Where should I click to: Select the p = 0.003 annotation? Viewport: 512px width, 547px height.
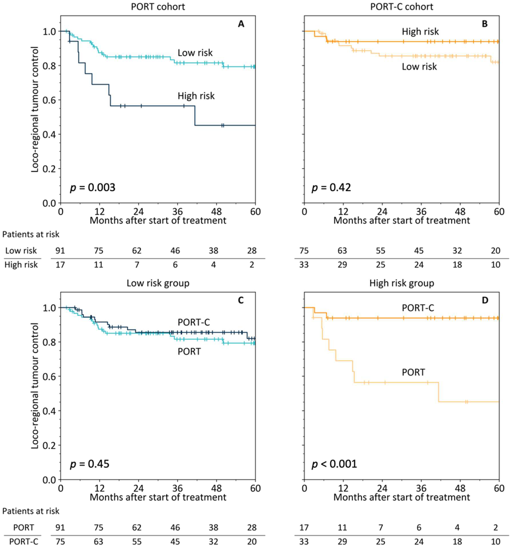[92, 188]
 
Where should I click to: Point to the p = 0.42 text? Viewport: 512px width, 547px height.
[331, 188]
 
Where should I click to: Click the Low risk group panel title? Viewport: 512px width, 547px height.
[158, 283]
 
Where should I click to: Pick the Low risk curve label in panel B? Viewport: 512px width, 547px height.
[419, 67]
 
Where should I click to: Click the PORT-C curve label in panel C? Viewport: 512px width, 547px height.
[194, 322]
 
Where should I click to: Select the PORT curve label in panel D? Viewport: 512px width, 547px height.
[413, 372]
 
